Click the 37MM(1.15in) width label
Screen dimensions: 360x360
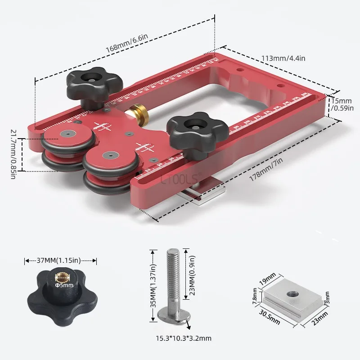click(x=61, y=261)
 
